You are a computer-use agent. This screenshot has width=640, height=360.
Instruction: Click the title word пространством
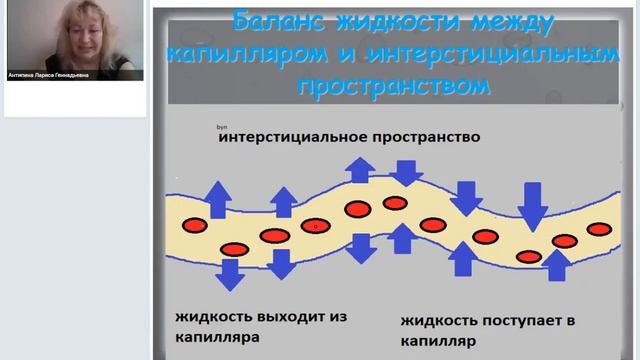point(394,84)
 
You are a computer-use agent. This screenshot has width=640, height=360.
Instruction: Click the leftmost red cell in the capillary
point(191,222)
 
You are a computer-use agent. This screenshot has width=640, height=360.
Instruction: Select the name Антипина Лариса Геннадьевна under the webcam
point(49,73)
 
